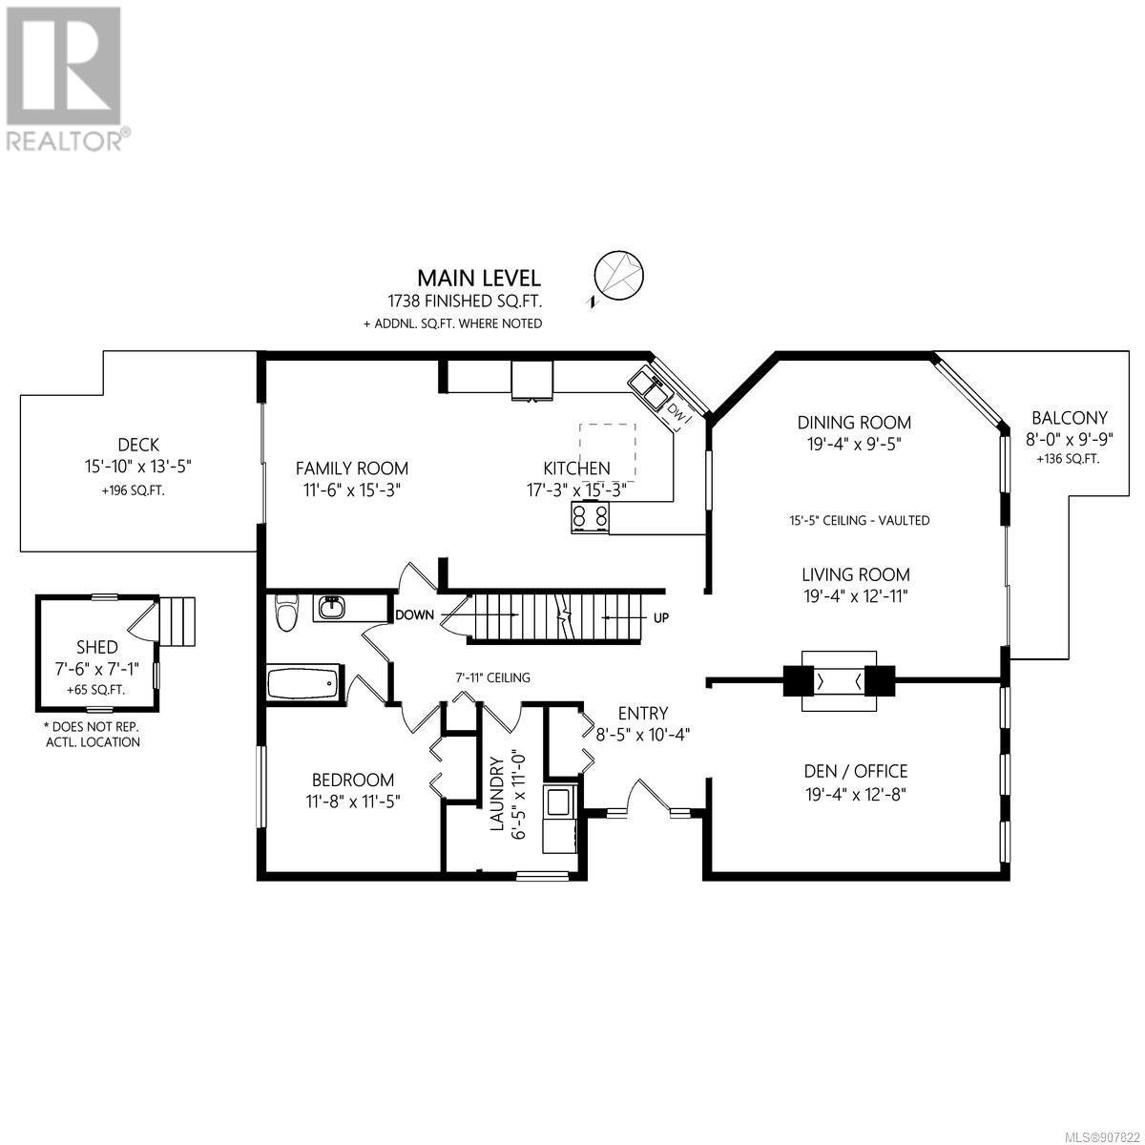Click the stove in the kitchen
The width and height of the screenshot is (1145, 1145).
(591, 516)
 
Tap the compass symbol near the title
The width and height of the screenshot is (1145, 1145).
(618, 277)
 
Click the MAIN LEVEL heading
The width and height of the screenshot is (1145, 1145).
(479, 278)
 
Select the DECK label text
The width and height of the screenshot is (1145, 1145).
(138, 445)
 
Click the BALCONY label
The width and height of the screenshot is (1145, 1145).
(1069, 418)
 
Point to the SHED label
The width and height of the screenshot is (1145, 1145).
(97, 647)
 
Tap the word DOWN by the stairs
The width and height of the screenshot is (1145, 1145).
(415, 615)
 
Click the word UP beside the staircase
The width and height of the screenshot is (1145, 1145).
(660, 617)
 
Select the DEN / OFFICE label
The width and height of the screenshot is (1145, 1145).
(856, 771)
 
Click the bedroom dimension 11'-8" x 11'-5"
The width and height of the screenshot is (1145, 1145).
(353, 801)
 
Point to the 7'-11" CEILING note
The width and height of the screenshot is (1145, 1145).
(492, 677)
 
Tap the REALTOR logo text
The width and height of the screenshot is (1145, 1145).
(64, 141)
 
